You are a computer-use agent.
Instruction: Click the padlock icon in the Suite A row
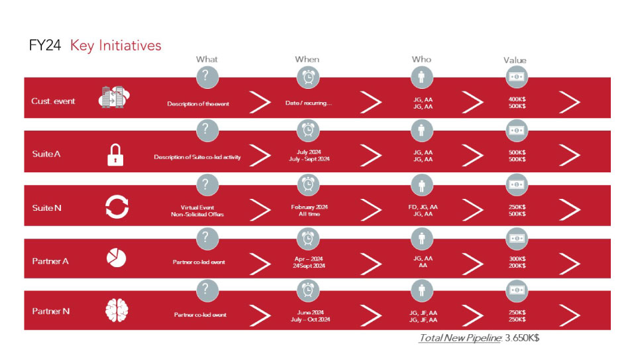point(115,155)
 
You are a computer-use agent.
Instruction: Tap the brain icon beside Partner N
point(117,310)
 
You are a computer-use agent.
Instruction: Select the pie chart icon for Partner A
point(117,258)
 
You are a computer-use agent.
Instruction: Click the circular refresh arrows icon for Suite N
point(117,207)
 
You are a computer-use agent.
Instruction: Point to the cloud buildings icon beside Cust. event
point(114,97)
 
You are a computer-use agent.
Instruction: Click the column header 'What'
point(207,59)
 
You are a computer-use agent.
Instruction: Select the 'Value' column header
point(515,60)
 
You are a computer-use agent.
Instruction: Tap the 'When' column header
point(307,59)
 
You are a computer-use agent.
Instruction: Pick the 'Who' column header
point(421,59)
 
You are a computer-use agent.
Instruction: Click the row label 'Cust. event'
point(53,101)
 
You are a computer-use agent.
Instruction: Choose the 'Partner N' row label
point(51,311)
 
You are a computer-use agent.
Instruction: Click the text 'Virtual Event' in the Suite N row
point(197,207)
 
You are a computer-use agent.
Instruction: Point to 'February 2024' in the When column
point(309,207)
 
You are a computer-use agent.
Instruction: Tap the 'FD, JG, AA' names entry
point(423,207)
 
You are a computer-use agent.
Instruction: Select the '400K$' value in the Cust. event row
point(517,99)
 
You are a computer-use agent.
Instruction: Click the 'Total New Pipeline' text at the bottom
point(460,337)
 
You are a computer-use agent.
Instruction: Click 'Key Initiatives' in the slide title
point(116,45)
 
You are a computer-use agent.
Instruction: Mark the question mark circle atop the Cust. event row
point(207,77)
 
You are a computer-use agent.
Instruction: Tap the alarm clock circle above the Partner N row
point(308,290)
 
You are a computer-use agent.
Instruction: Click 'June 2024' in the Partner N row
point(310,312)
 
